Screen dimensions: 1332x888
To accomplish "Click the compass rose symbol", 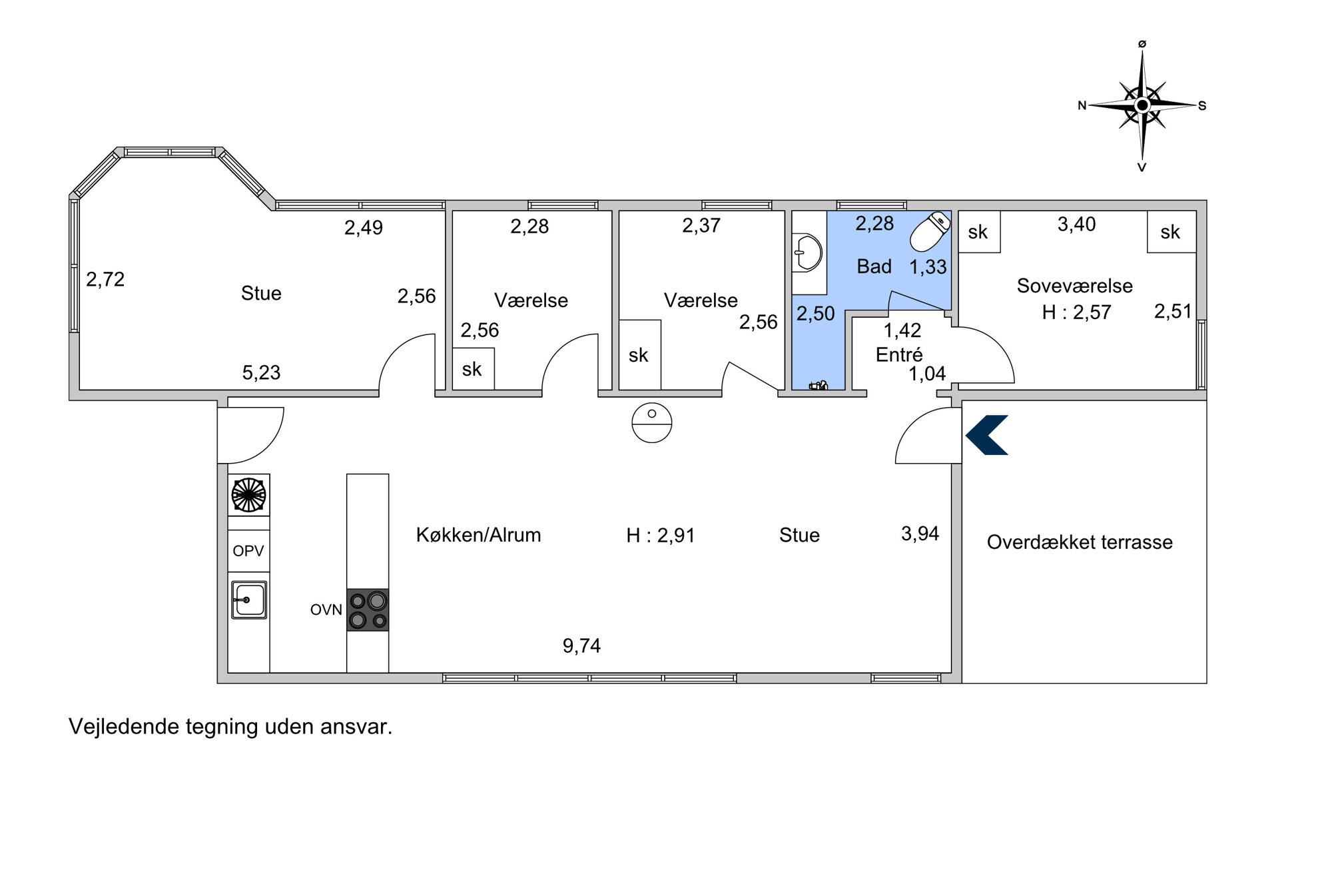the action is [1142, 105].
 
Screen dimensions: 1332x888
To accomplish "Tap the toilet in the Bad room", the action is [930, 231].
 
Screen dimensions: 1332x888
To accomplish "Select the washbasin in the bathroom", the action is [807, 252].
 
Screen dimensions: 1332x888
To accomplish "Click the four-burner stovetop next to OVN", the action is [368, 610].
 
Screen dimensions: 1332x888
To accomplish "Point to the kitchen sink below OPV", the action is [248, 600].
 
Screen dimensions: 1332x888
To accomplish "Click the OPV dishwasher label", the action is [248, 551].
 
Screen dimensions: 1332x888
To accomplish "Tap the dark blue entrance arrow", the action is [986, 435].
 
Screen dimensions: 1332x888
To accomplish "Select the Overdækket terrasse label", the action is [1080, 542].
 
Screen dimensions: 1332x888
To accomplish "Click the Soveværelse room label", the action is [1074, 286].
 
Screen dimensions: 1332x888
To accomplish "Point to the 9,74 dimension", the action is [581, 646].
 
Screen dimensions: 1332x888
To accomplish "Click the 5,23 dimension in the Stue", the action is [261, 372].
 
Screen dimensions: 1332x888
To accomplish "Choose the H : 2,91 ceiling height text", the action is [661, 536].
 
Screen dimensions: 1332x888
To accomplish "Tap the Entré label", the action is [899, 354].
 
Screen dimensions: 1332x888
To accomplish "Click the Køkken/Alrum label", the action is [478, 535].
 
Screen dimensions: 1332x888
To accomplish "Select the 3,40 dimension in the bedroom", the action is [1076, 224].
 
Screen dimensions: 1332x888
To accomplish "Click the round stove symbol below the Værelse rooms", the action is [652, 423].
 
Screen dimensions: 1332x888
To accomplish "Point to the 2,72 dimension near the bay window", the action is [105, 279].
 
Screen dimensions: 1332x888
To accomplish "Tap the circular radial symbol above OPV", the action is [248, 495].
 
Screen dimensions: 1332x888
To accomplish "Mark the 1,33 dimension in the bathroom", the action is [928, 267].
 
